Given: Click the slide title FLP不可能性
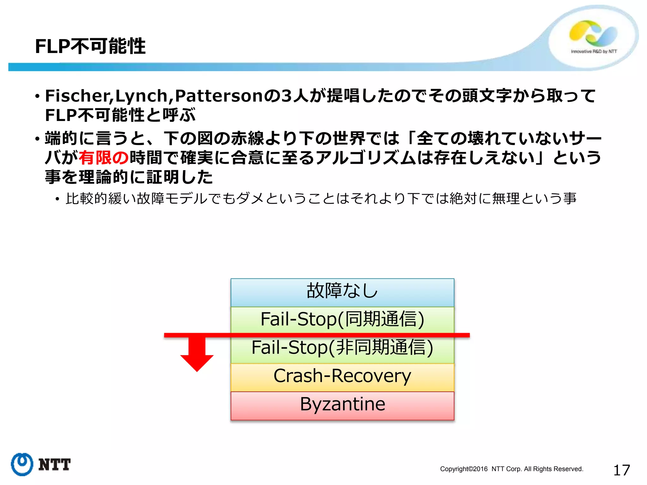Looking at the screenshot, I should tap(90, 46).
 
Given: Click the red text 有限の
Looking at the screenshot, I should tap(104, 158).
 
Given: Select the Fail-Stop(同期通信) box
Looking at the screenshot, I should tap(342, 319).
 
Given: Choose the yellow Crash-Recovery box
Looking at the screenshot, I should tap(342, 376).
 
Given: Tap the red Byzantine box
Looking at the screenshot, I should tap(342, 405).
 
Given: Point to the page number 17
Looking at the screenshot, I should tap(621, 470).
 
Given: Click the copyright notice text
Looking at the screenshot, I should tap(511, 469).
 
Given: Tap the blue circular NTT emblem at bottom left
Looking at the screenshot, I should tap(22, 464).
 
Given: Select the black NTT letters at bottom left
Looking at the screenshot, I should tap(54, 465).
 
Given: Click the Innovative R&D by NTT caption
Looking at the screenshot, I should tap(594, 51).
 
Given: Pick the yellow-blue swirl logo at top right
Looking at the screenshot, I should tap(593, 33).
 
